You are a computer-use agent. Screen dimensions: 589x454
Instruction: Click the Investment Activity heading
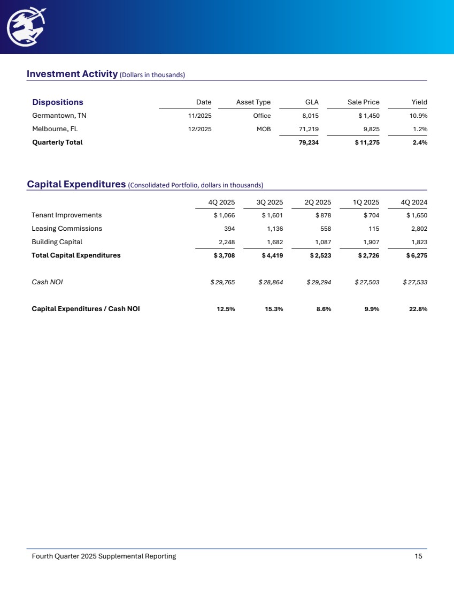click(x=72, y=74)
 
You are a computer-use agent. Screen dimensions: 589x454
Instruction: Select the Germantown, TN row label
click(x=59, y=116)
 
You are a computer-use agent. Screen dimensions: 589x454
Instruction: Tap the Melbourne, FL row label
click(x=55, y=129)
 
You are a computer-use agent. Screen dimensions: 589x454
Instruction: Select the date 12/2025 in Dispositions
click(x=199, y=129)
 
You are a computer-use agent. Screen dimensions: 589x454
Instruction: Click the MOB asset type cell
click(x=264, y=129)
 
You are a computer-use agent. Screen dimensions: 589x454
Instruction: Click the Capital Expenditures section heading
click(x=76, y=185)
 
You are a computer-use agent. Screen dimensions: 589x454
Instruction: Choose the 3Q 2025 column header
click(x=270, y=202)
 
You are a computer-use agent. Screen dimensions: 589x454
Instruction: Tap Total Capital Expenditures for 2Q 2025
click(x=320, y=255)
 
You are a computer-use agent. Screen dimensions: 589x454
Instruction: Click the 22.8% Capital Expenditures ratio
click(x=417, y=308)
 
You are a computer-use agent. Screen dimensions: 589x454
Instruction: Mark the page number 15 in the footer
click(x=418, y=556)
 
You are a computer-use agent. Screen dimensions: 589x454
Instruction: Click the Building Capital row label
click(x=57, y=241)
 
